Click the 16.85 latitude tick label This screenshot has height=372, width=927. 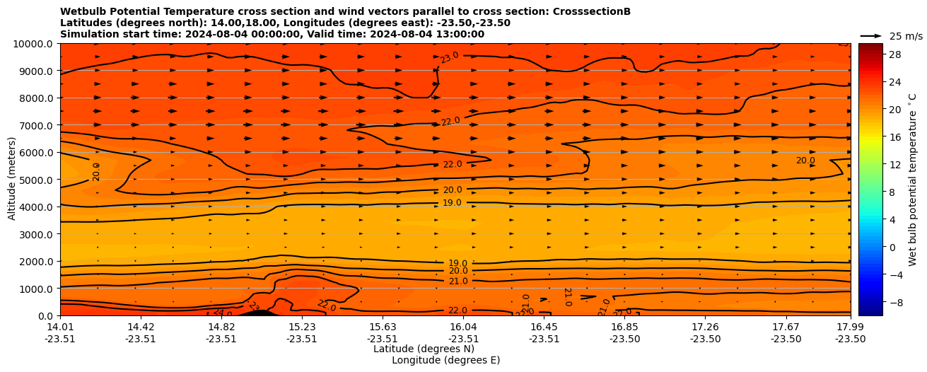625,327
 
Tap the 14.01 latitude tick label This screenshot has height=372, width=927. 60,327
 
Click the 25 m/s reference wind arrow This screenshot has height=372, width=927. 871,36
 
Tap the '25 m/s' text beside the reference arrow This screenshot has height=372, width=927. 906,36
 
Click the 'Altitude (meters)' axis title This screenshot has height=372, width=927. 12,179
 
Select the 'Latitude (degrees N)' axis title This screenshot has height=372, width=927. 424,349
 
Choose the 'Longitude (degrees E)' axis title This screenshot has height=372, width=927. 445,360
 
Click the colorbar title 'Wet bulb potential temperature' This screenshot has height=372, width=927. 913,179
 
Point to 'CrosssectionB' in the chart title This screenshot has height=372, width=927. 584,11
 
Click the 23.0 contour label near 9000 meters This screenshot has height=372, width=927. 450,58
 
